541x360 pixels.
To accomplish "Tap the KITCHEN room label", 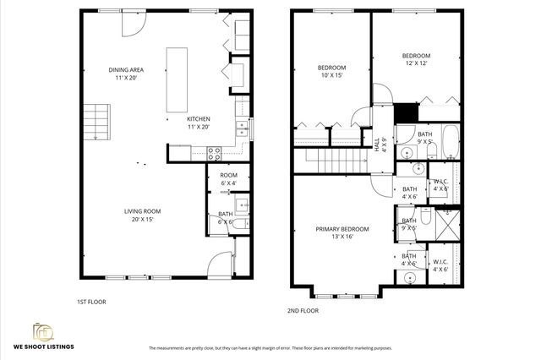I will (x=199, y=122).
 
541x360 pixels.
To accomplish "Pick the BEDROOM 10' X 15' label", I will (x=331, y=71).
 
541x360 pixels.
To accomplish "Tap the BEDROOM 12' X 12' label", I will (x=415, y=61).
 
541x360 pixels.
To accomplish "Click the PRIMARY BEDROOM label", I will (x=342, y=232).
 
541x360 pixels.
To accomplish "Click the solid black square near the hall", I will (x=407, y=112).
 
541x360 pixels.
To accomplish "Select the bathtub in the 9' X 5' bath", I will (x=447, y=142).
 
